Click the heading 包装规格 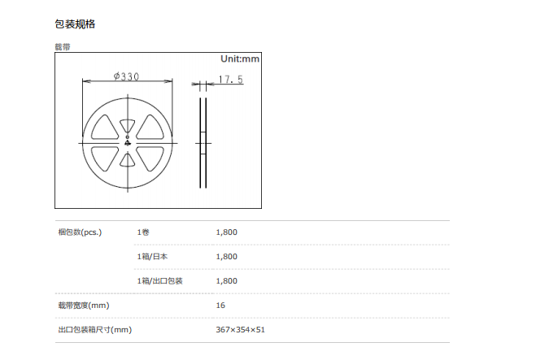click(75, 24)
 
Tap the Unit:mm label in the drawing click(240, 59)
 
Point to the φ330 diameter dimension click(127, 76)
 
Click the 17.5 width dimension click(231, 80)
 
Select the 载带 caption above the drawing click(63, 47)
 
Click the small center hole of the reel click(128, 137)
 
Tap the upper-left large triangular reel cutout click(105, 127)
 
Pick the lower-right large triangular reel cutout click(150, 158)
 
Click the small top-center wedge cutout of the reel click(127, 125)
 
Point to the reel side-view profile click(203, 143)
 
